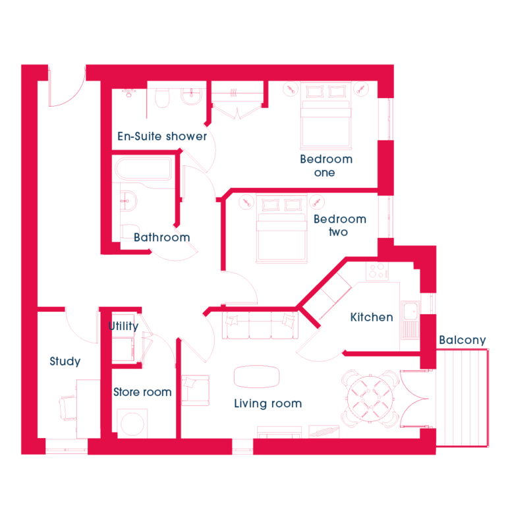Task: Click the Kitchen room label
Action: tap(372, 317)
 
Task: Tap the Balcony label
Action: tap(463, 340)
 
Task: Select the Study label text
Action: tap(65, 362)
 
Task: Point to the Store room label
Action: tap(142, 392)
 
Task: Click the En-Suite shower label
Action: tap(162, 136)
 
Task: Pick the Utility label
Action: tap(124, 326)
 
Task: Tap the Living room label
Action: tap(268, 404)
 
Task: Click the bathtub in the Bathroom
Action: tap(144, 168)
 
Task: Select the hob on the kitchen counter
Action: tap(377, 271)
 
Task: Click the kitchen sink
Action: tap(410, 320)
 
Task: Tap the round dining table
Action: tap(370, 399)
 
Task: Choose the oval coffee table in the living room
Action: tap(256, 376)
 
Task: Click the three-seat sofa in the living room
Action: tap(260, 325)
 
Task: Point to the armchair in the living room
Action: tap(195, 390)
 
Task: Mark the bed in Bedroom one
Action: tap(325, 115)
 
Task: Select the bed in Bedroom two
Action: tap(282, 228)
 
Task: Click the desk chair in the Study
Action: tap(68, 408)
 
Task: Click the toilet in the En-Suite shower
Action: tap(162, 98)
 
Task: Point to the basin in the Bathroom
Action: tap(128, 201)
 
